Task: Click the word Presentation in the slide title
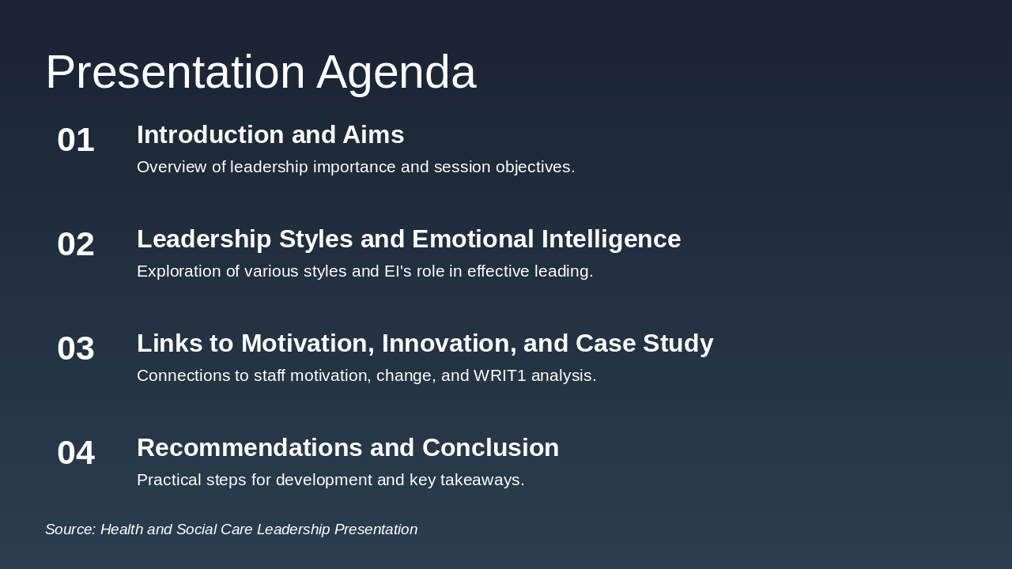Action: pyautogui.click(x=176, y=72)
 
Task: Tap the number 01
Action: pyautogui.click(x=76, y=140)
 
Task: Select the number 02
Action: pyautogui.click(x=76, y=244)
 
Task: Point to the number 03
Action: pyautogui.click(x=76, y=349)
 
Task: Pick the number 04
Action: pyautogui.click(x=76, y=453)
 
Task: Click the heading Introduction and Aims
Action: pyautogui.click(x=270, y=134)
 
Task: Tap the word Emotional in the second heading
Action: pyautogui.click(x=473, y=239)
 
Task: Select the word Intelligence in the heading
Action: pyautogui.click(x=611, y=239)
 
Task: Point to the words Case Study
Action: pyautogui.click(x=644, y=344)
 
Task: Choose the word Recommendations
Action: pyautogui.click(x=249, y=447)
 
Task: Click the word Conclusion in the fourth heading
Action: pyautogui.click(x=491, y=447)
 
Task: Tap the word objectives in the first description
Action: pyautogui.click(x=535, y=168)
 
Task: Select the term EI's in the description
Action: pyautogui.click(x=398, y=271)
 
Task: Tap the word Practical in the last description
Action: pyautogui.click(x=169, y=480)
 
